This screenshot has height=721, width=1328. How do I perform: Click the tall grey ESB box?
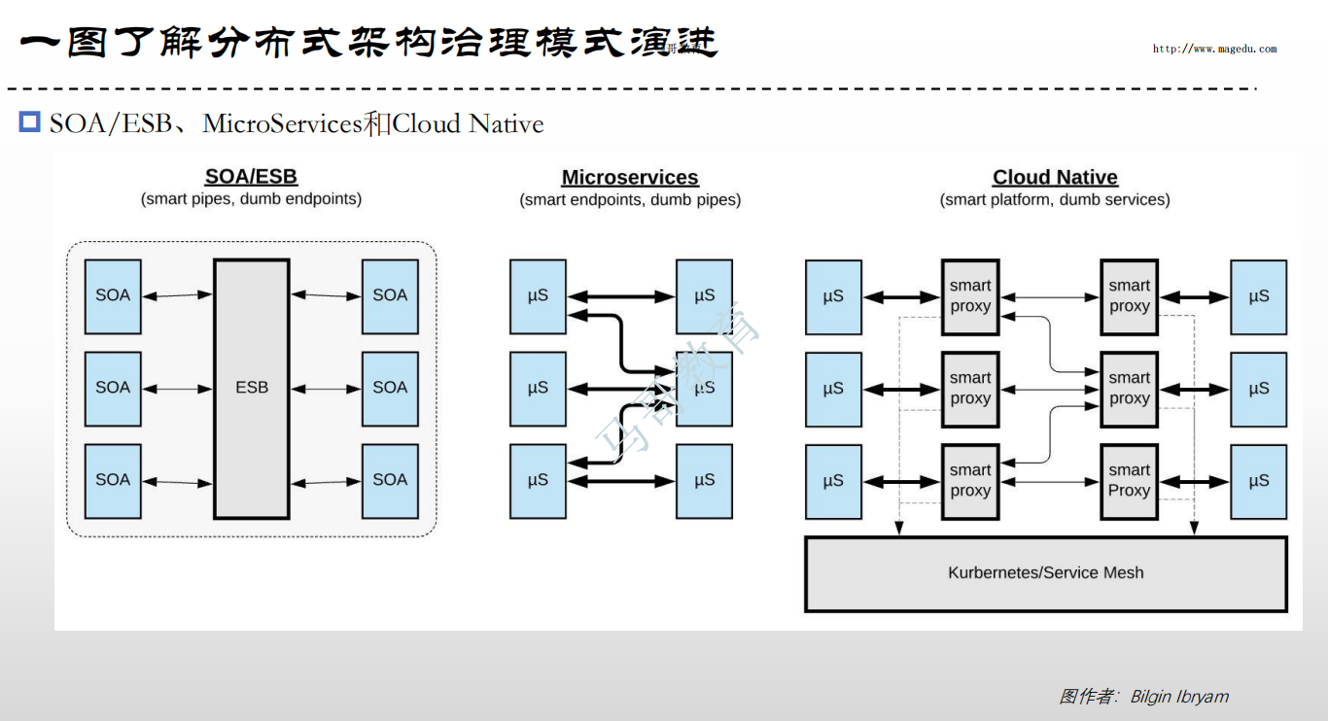252,388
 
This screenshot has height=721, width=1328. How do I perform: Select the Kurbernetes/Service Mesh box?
1045,573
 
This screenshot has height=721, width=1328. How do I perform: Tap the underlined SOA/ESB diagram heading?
251,177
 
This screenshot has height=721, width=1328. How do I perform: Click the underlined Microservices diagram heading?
630,178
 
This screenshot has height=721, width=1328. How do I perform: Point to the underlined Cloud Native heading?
1055,178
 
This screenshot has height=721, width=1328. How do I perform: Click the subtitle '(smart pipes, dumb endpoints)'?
251,199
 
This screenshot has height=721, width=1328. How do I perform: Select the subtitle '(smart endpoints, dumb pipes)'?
630,200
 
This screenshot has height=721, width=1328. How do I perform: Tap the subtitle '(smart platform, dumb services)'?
1055,200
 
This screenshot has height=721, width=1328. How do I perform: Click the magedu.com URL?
1214,49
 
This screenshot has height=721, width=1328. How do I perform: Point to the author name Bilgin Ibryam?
1179,697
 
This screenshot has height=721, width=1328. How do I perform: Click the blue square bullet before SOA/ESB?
30,121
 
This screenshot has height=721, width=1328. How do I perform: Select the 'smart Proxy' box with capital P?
1129,480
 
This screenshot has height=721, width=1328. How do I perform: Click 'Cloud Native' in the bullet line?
468,124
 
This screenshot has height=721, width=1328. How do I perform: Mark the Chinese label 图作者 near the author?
1087,697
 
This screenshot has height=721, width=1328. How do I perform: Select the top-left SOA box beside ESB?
113,295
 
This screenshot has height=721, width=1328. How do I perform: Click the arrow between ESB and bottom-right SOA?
326,481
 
